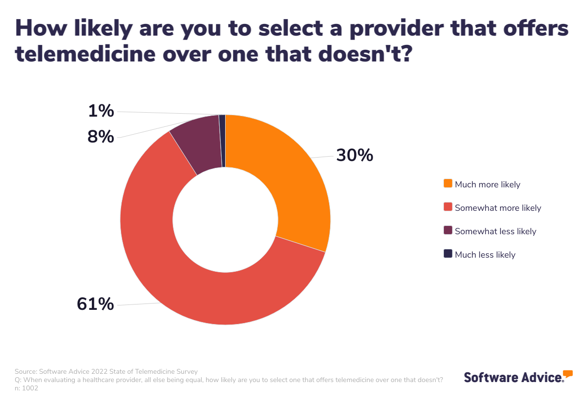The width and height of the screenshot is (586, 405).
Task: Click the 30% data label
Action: (355, 156)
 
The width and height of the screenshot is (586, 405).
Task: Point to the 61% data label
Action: (95, 304)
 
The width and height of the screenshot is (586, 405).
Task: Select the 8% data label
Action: (101, 137)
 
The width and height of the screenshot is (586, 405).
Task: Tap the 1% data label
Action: (101, 111)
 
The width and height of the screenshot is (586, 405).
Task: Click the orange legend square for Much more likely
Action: (448, 183)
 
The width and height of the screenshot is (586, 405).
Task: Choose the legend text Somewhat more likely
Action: (498, 208)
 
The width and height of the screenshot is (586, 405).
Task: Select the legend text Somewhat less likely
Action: (495, 231)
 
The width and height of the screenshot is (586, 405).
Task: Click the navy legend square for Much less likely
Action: (448, 254)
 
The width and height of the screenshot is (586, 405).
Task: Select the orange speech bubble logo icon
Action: (568, 374)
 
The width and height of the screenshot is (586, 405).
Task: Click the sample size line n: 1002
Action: (26, 388)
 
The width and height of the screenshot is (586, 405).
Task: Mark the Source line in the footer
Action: (106, 371)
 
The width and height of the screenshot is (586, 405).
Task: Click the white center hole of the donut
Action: (225, 220)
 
